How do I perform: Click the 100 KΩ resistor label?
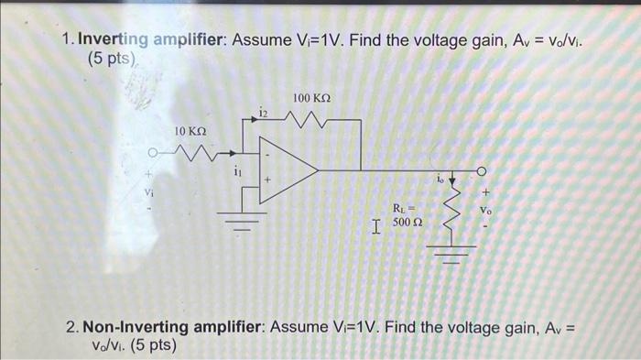pos(311,97)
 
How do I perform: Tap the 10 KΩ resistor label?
pos(190,133)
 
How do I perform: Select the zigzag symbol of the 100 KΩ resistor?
pos(311,116)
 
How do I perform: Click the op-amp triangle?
pos(284,169)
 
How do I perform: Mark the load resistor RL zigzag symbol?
pos(450,214)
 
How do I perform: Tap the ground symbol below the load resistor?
pos(450,254)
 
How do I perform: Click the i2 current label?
pos(264,112)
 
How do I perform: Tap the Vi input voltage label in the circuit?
pos(147,192)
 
